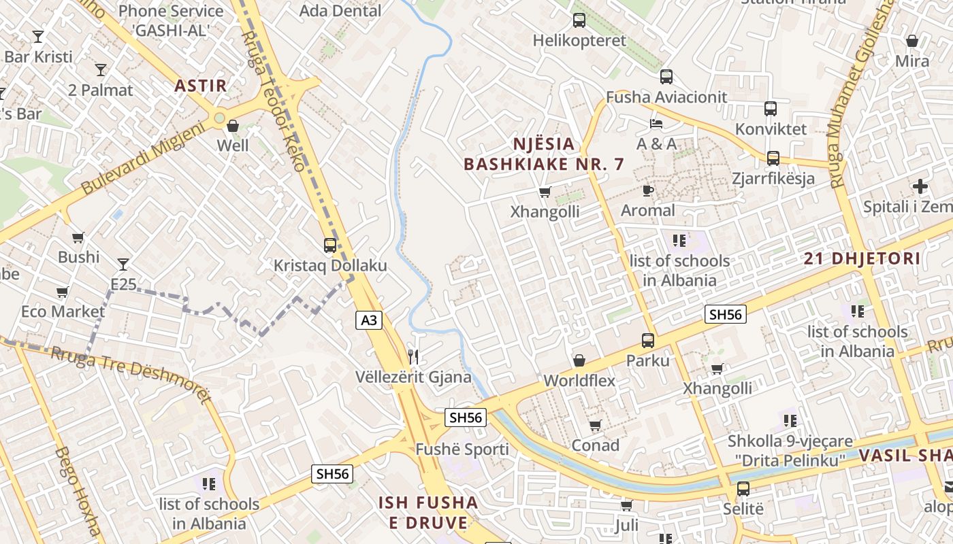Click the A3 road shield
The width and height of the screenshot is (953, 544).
(368, 320)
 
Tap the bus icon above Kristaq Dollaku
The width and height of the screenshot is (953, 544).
(330, 245)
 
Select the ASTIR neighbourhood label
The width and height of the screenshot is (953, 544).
(200, 86)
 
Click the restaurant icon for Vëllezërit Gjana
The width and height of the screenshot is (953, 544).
(413, 356)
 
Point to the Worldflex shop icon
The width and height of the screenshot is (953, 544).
(579, 360)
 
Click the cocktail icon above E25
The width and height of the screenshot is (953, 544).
(123, 264)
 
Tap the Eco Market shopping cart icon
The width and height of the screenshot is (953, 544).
(63, 292)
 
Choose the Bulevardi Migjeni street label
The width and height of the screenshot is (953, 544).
(143, 158)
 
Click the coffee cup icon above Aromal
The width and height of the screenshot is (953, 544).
(647, 190)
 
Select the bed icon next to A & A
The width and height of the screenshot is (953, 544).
(656, 124)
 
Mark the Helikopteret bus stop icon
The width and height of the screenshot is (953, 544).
(579, 20)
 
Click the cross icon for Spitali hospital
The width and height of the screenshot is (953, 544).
(920, 186)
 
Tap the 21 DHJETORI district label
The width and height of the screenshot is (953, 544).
(862, 258)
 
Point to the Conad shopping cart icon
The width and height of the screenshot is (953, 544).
(596, 425)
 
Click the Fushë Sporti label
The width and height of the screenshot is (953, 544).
(462, 449)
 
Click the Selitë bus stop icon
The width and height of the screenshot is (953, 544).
(743, 489)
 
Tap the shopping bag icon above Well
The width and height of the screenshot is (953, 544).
(233, 126)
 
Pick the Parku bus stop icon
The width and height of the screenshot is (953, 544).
(648, 341)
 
